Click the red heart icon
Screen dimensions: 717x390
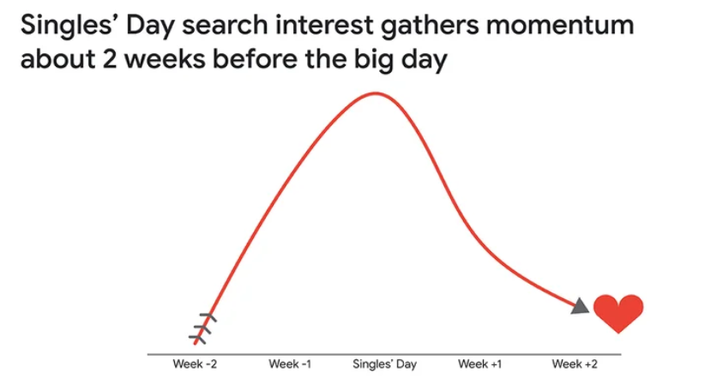[x=618, y=313]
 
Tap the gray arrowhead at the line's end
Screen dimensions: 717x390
[x=581, y=306]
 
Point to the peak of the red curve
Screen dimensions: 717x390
[x=376, y=93]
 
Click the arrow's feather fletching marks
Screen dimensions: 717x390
[x=202, y=329]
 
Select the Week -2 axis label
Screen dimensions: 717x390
[x=195, y=364]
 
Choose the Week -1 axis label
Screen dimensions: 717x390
[x=290, y=364]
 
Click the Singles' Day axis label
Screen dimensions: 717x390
[x=384, y=364]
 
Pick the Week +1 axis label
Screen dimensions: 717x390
[x=479, y=364]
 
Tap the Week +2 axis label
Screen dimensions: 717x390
[x=575, y=364]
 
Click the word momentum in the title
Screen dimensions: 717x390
[x=560, y=25]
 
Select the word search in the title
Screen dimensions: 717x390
[x=225, y=25]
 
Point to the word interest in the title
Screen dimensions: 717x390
[x=324, y=25]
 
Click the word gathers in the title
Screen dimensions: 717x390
[x=430, y=27]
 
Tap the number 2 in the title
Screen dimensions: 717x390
[x=110, y=59]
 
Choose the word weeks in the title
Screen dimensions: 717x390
[x=165, y=59]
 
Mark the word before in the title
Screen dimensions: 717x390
[x=255, y=59]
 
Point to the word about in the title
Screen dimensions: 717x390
[x=58, y=59]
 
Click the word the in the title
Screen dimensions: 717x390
[x=325, y=59]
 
